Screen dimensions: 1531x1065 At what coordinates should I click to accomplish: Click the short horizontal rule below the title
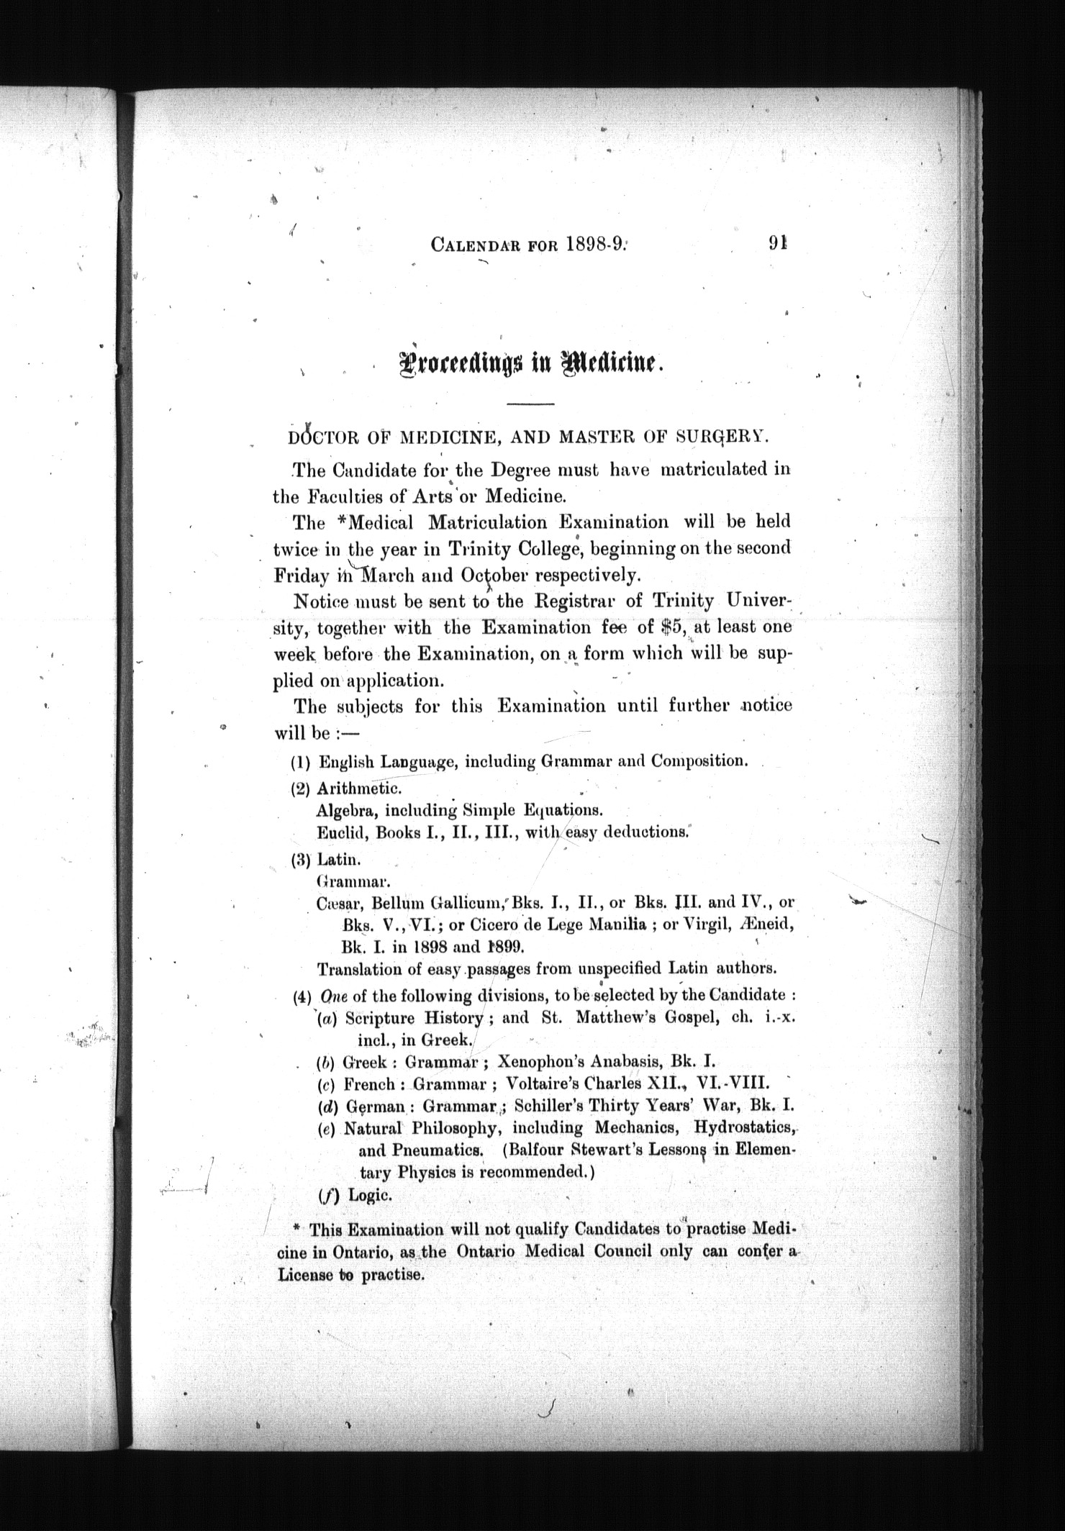[x=530, y=404]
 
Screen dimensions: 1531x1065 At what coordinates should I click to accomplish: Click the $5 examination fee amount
[x=675, y=627]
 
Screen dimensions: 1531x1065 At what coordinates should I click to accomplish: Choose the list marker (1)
[x=300, y=761]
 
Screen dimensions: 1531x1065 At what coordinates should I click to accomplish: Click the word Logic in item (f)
[x=370, y=1194]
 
